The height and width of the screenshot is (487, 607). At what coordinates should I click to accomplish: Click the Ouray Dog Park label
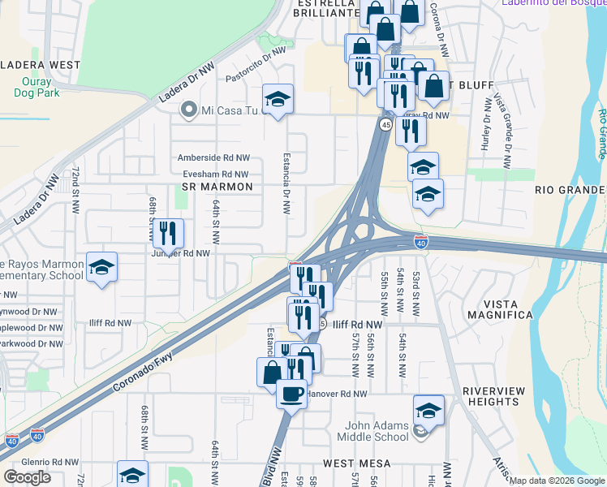pos(32,87)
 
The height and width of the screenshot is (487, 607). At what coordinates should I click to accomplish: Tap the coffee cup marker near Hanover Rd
pos(291,394)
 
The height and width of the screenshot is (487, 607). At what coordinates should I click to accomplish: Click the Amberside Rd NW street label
pos(214,158)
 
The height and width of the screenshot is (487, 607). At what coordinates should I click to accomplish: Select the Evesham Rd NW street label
pos(213,174)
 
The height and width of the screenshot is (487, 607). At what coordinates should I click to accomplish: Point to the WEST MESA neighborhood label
pos(358,463)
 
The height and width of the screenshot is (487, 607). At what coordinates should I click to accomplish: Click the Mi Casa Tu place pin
pos(190,110)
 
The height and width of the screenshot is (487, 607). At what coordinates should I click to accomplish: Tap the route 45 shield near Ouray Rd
pos(385,124)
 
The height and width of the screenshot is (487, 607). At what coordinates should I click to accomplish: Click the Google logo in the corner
pos(27,477)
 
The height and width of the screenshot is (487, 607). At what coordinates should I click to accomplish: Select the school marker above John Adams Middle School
pos(428,410)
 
